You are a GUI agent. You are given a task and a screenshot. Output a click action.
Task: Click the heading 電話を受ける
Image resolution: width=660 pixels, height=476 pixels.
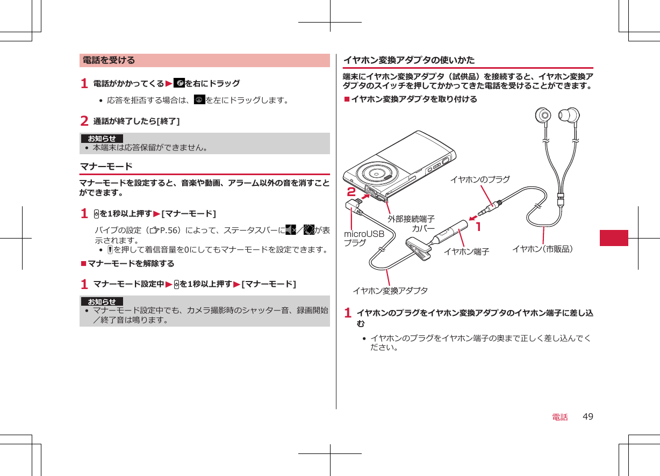coord(109,60)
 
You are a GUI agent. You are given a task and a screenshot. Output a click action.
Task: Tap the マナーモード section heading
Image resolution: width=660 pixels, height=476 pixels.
coord(106,167)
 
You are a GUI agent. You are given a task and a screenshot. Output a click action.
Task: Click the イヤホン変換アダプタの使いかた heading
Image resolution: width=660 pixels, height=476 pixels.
coord(408,60)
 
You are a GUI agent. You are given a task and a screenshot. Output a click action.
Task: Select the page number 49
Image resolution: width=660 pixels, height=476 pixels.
coord(588,417)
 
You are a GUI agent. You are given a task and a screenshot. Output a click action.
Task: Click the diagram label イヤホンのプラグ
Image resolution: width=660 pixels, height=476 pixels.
coord(479,179)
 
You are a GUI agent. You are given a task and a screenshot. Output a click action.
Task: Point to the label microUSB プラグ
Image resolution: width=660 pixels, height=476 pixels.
coord(364,239)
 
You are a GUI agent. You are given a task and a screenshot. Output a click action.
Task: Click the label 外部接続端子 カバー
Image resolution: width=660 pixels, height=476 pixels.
coord(411,223)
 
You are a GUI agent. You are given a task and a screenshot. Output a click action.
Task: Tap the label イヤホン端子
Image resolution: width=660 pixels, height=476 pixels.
coord(466,251)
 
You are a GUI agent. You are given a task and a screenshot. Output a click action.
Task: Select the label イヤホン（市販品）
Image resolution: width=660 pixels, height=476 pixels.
coord(543,249)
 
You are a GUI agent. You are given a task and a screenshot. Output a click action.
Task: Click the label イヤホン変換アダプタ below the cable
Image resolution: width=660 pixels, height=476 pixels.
coord(390,291)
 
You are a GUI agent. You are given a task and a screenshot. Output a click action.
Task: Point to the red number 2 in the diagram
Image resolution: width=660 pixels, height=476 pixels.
coord(351,192)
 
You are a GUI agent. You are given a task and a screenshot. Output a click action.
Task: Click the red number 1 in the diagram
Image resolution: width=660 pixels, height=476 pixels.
coord(477,227)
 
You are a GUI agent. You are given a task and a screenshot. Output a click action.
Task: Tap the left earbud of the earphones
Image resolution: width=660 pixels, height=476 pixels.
coord(544,117)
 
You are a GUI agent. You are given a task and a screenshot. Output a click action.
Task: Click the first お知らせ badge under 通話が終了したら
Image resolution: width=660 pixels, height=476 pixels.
coord(102,139)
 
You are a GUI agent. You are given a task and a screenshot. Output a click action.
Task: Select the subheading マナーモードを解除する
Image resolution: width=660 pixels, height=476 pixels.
coord(131,264)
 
